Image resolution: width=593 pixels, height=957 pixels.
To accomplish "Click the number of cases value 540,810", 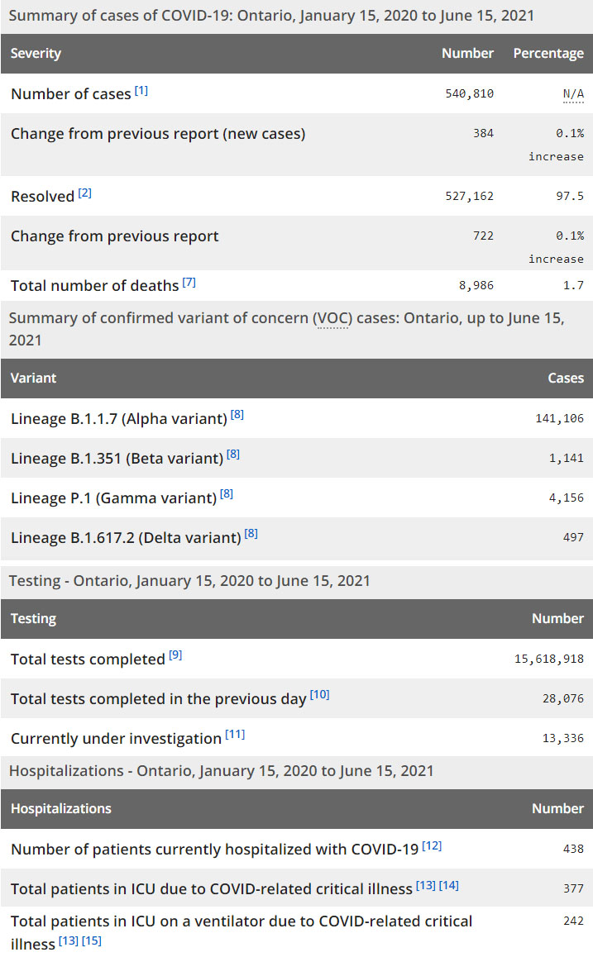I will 469,94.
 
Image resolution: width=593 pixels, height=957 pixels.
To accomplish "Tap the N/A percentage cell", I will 573,94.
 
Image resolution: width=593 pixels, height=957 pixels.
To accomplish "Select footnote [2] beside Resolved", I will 85,193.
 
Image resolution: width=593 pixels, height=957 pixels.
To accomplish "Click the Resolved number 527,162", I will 469,197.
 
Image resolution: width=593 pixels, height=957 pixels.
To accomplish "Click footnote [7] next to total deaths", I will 189,283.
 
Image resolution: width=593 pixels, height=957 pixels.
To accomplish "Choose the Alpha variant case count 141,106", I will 559,419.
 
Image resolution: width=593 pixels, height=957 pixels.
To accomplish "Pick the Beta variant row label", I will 117,459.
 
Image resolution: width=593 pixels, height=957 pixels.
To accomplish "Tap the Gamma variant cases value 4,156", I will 566,498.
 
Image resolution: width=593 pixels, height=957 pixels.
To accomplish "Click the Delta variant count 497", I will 573,538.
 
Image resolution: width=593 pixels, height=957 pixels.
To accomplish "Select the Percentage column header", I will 548,54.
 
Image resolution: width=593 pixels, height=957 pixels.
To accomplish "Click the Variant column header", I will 34,379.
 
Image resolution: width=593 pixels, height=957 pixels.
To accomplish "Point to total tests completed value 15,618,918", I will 549,659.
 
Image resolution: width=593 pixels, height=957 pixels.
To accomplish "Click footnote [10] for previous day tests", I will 320,695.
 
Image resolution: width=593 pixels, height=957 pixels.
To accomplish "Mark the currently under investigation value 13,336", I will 562,739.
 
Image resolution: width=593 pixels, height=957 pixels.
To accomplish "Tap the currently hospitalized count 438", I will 573,849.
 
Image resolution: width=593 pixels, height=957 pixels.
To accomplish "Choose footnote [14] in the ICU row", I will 449,885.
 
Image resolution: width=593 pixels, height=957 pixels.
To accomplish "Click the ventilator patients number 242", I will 573,921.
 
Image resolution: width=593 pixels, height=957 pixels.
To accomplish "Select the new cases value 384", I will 483,134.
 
